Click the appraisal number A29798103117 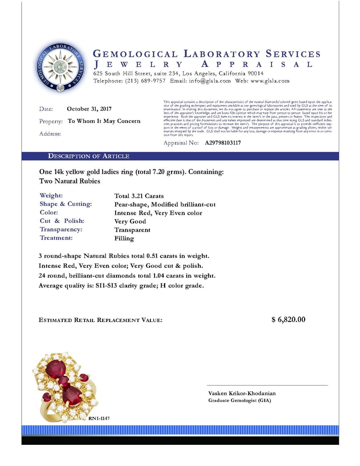(223, 143)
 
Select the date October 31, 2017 (89, 109)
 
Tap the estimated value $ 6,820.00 (288, 319)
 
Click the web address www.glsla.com (271, 81)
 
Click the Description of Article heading (89, 156)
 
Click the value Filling (124, 239)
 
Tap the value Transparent (132, 230)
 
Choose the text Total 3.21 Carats (139, 196)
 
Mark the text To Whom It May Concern (104, 121)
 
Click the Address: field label (50, 134)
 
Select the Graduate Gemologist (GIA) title (239, 401)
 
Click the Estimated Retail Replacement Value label (100, 320)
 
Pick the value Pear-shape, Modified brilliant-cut (165, 205)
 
